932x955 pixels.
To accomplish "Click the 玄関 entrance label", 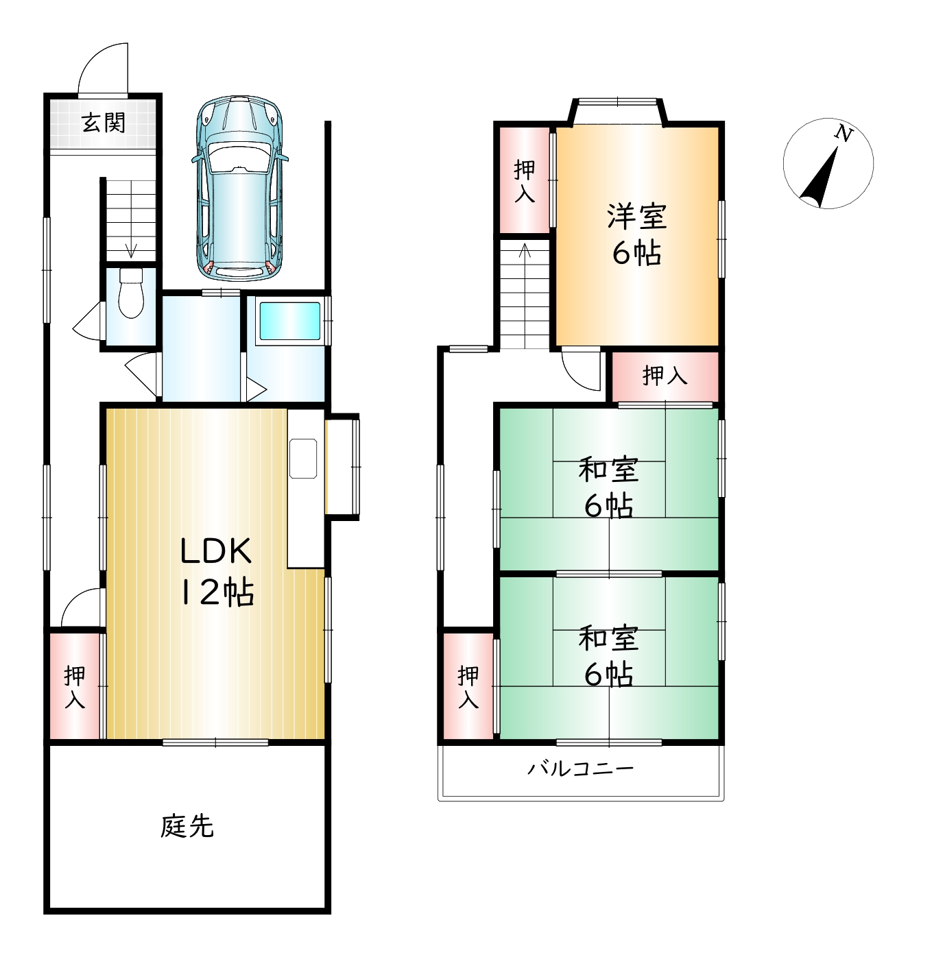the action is click(104, 123).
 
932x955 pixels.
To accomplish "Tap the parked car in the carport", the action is click(239, 189).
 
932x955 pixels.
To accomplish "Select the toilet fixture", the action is click(130, 293).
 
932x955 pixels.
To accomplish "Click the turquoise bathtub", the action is click(289, 322).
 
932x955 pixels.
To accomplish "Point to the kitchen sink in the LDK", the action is click(303, 459).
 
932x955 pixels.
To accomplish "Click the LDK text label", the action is click(216, 551).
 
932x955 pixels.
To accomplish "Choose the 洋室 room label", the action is click(637, 217).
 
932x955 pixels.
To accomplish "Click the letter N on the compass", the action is click(844, 134).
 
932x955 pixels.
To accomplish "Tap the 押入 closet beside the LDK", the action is click(75, 687).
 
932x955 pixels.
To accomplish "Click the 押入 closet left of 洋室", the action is click(525, 181).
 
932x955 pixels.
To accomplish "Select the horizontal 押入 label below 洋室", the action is click(665, 376).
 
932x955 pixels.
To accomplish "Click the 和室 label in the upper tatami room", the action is click(608, 469).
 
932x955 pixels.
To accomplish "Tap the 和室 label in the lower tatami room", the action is click(608, 638).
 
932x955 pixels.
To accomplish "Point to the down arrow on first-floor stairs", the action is click(131, 250).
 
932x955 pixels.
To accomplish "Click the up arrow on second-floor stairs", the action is click(525, 250).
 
